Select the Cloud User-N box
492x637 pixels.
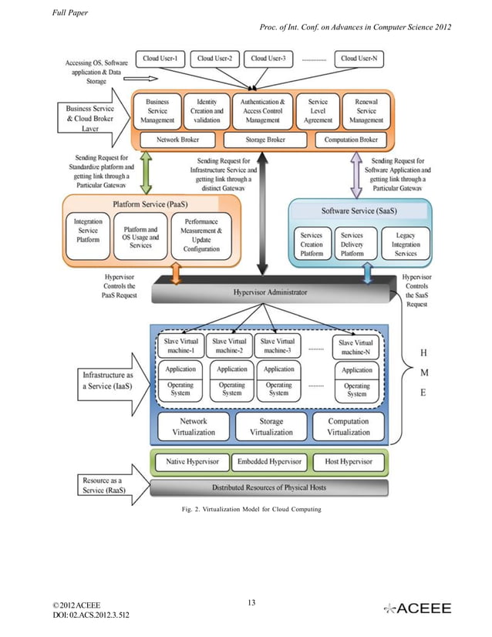pyautogui.click(x=359, y=58)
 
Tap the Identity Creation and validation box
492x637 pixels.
pyautogui.click(x=207, y=111)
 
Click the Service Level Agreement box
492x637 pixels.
pyautogui.click(x=318, y=111)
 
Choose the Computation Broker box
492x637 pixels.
pyautogui.click(x=351, y=140)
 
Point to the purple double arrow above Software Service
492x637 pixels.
pyautogui.click(x=356, y=174)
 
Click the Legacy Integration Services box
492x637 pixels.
pyautogui.click(x=406, y=244)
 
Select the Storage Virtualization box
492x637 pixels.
pyautogui.click(x=271, y=426)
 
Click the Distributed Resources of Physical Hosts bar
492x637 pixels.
pyautogui.click(x=270, y=487)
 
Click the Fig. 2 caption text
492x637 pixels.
pyautogui.click(x=251, y=510)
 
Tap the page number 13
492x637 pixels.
pyautogui.click(x=251, y=602)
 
